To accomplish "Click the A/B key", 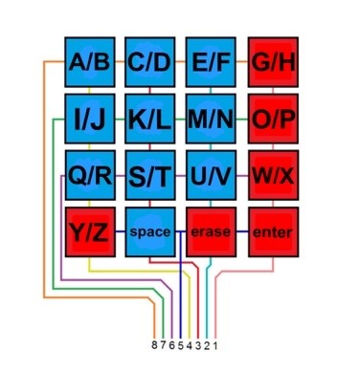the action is (90, 62).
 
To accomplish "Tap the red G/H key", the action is (273, 62).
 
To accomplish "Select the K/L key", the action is (150, 119).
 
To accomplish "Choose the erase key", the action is (211, 231).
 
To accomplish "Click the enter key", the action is (273, 231).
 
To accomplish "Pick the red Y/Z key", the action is (90, 231).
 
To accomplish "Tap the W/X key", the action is (273, 175).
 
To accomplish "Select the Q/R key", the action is (90, 175).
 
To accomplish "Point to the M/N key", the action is (211, 119).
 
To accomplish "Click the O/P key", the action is (273, 119).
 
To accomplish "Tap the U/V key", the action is (211, 175).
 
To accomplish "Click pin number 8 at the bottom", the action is (154, 345).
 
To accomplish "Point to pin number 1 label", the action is (215, 345).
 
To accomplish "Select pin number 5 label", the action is (181, 345).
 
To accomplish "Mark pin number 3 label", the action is (198, 345).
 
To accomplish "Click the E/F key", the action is (211, 62).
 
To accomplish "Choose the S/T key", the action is (150, 175).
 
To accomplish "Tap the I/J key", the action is (90, 119).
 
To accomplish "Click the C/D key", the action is (150, 62).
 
